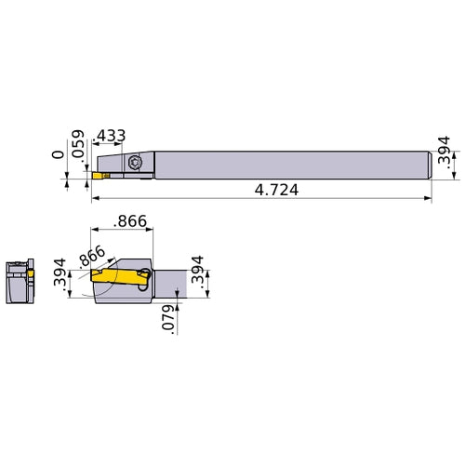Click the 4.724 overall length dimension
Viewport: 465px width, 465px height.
point(277,189)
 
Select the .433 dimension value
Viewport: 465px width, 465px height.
point(112,136)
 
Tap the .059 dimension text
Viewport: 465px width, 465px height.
point(78,142)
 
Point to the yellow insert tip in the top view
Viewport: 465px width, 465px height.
point(98,173)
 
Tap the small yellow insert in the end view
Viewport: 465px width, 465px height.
point(33,273)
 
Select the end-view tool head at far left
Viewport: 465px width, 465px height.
point(20,278)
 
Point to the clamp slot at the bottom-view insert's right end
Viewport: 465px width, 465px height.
point(144,275)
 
